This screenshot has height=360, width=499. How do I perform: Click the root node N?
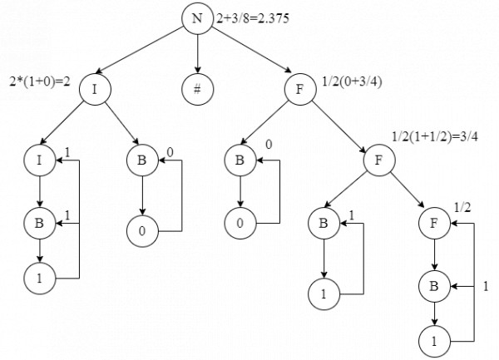click(197, 18)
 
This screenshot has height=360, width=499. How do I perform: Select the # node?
click(197, 89)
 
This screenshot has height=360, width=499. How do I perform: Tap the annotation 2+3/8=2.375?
click(253, 18)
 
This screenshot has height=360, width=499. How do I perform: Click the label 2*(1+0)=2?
click(40, 81)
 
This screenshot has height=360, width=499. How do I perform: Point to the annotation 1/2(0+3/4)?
click(352, 81)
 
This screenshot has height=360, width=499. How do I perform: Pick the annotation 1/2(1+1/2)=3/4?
click(435, 136)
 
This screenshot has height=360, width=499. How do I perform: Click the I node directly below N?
click(95, 89)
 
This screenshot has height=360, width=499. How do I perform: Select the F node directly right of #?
click(300, 89)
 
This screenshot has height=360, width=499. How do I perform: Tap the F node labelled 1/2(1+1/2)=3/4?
click(379, 160)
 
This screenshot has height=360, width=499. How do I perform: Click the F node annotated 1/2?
click(434, 224)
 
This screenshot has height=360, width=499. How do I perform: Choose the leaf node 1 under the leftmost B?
click(39, 279)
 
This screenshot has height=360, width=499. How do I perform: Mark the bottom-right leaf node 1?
click(434, 342)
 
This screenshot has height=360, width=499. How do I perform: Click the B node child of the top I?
click(142, 160)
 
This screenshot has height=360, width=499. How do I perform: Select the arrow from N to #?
click(197, 54)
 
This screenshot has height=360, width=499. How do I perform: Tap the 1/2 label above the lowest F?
click(462, 207)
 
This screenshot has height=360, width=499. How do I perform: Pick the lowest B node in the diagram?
click(434, 287)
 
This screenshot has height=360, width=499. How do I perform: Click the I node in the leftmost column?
click(39, 160)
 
